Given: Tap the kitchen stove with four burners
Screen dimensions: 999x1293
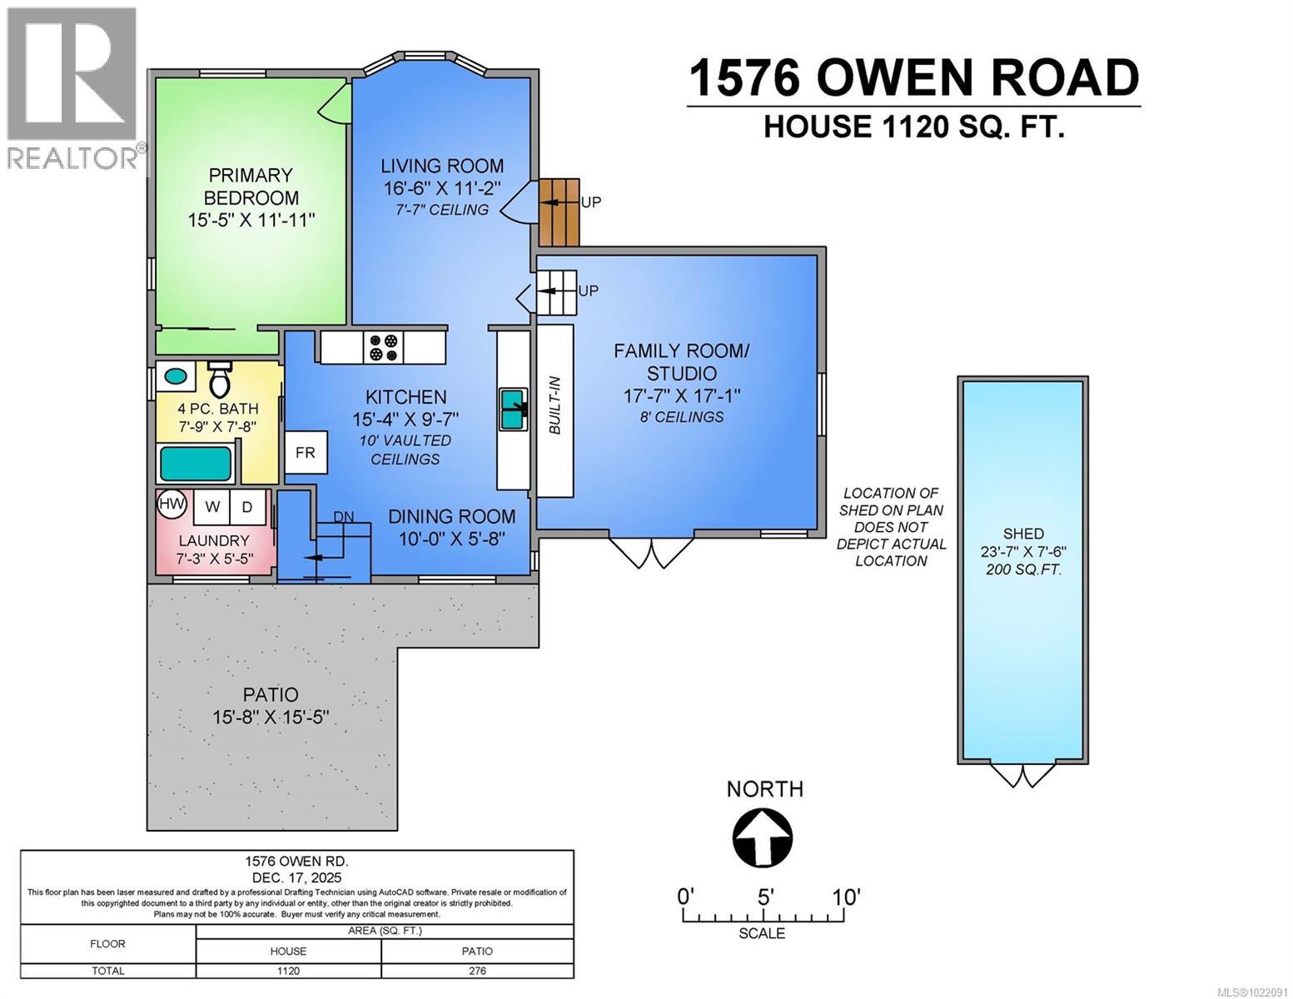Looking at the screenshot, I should (x=383, y=347).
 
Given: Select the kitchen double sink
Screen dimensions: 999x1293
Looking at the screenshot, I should (x=512, y=410).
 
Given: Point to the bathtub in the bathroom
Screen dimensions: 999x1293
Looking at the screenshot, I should (x=196, y=464).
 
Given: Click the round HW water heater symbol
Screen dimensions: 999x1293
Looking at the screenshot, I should (x=172, y=504).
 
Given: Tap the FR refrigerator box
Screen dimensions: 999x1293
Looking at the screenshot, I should (x=306, y=453).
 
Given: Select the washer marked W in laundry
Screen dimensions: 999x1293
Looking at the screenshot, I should (x=213, y=506).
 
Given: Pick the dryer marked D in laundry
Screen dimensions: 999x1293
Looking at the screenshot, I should (x=247, y=506).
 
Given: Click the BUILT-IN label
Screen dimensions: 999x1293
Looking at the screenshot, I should (x=554, y=406).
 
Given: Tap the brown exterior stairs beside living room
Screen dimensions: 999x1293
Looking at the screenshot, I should (x=559, y=212).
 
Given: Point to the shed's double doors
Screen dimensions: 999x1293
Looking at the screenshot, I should (x=1022, y=774).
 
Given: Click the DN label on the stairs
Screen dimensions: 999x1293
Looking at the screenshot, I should (x=344, y=517).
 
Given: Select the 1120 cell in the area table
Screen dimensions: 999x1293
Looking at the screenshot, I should (x=288, y=971).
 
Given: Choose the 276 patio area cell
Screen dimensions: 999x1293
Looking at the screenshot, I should (x=477, y=971).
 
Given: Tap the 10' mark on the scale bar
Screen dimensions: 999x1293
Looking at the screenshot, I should (x=845, y=897).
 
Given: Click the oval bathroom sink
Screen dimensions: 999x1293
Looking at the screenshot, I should (x=176, y=375).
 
